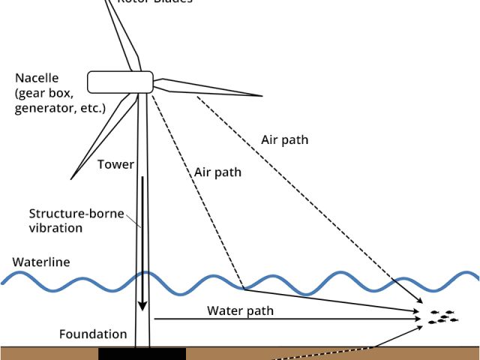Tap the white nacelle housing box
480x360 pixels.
coord(120,81)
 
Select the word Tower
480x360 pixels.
coord(115,165)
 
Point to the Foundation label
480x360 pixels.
coord(93,334)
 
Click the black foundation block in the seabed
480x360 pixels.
coord(142,353)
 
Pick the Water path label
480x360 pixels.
coord(240,310)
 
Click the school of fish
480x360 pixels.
coord(440,316)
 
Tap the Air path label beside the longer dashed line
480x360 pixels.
coord(284,139)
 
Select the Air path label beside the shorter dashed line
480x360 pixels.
coord(217,172)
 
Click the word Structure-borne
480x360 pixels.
coord(67,212)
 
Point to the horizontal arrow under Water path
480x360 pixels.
coord(285,319)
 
